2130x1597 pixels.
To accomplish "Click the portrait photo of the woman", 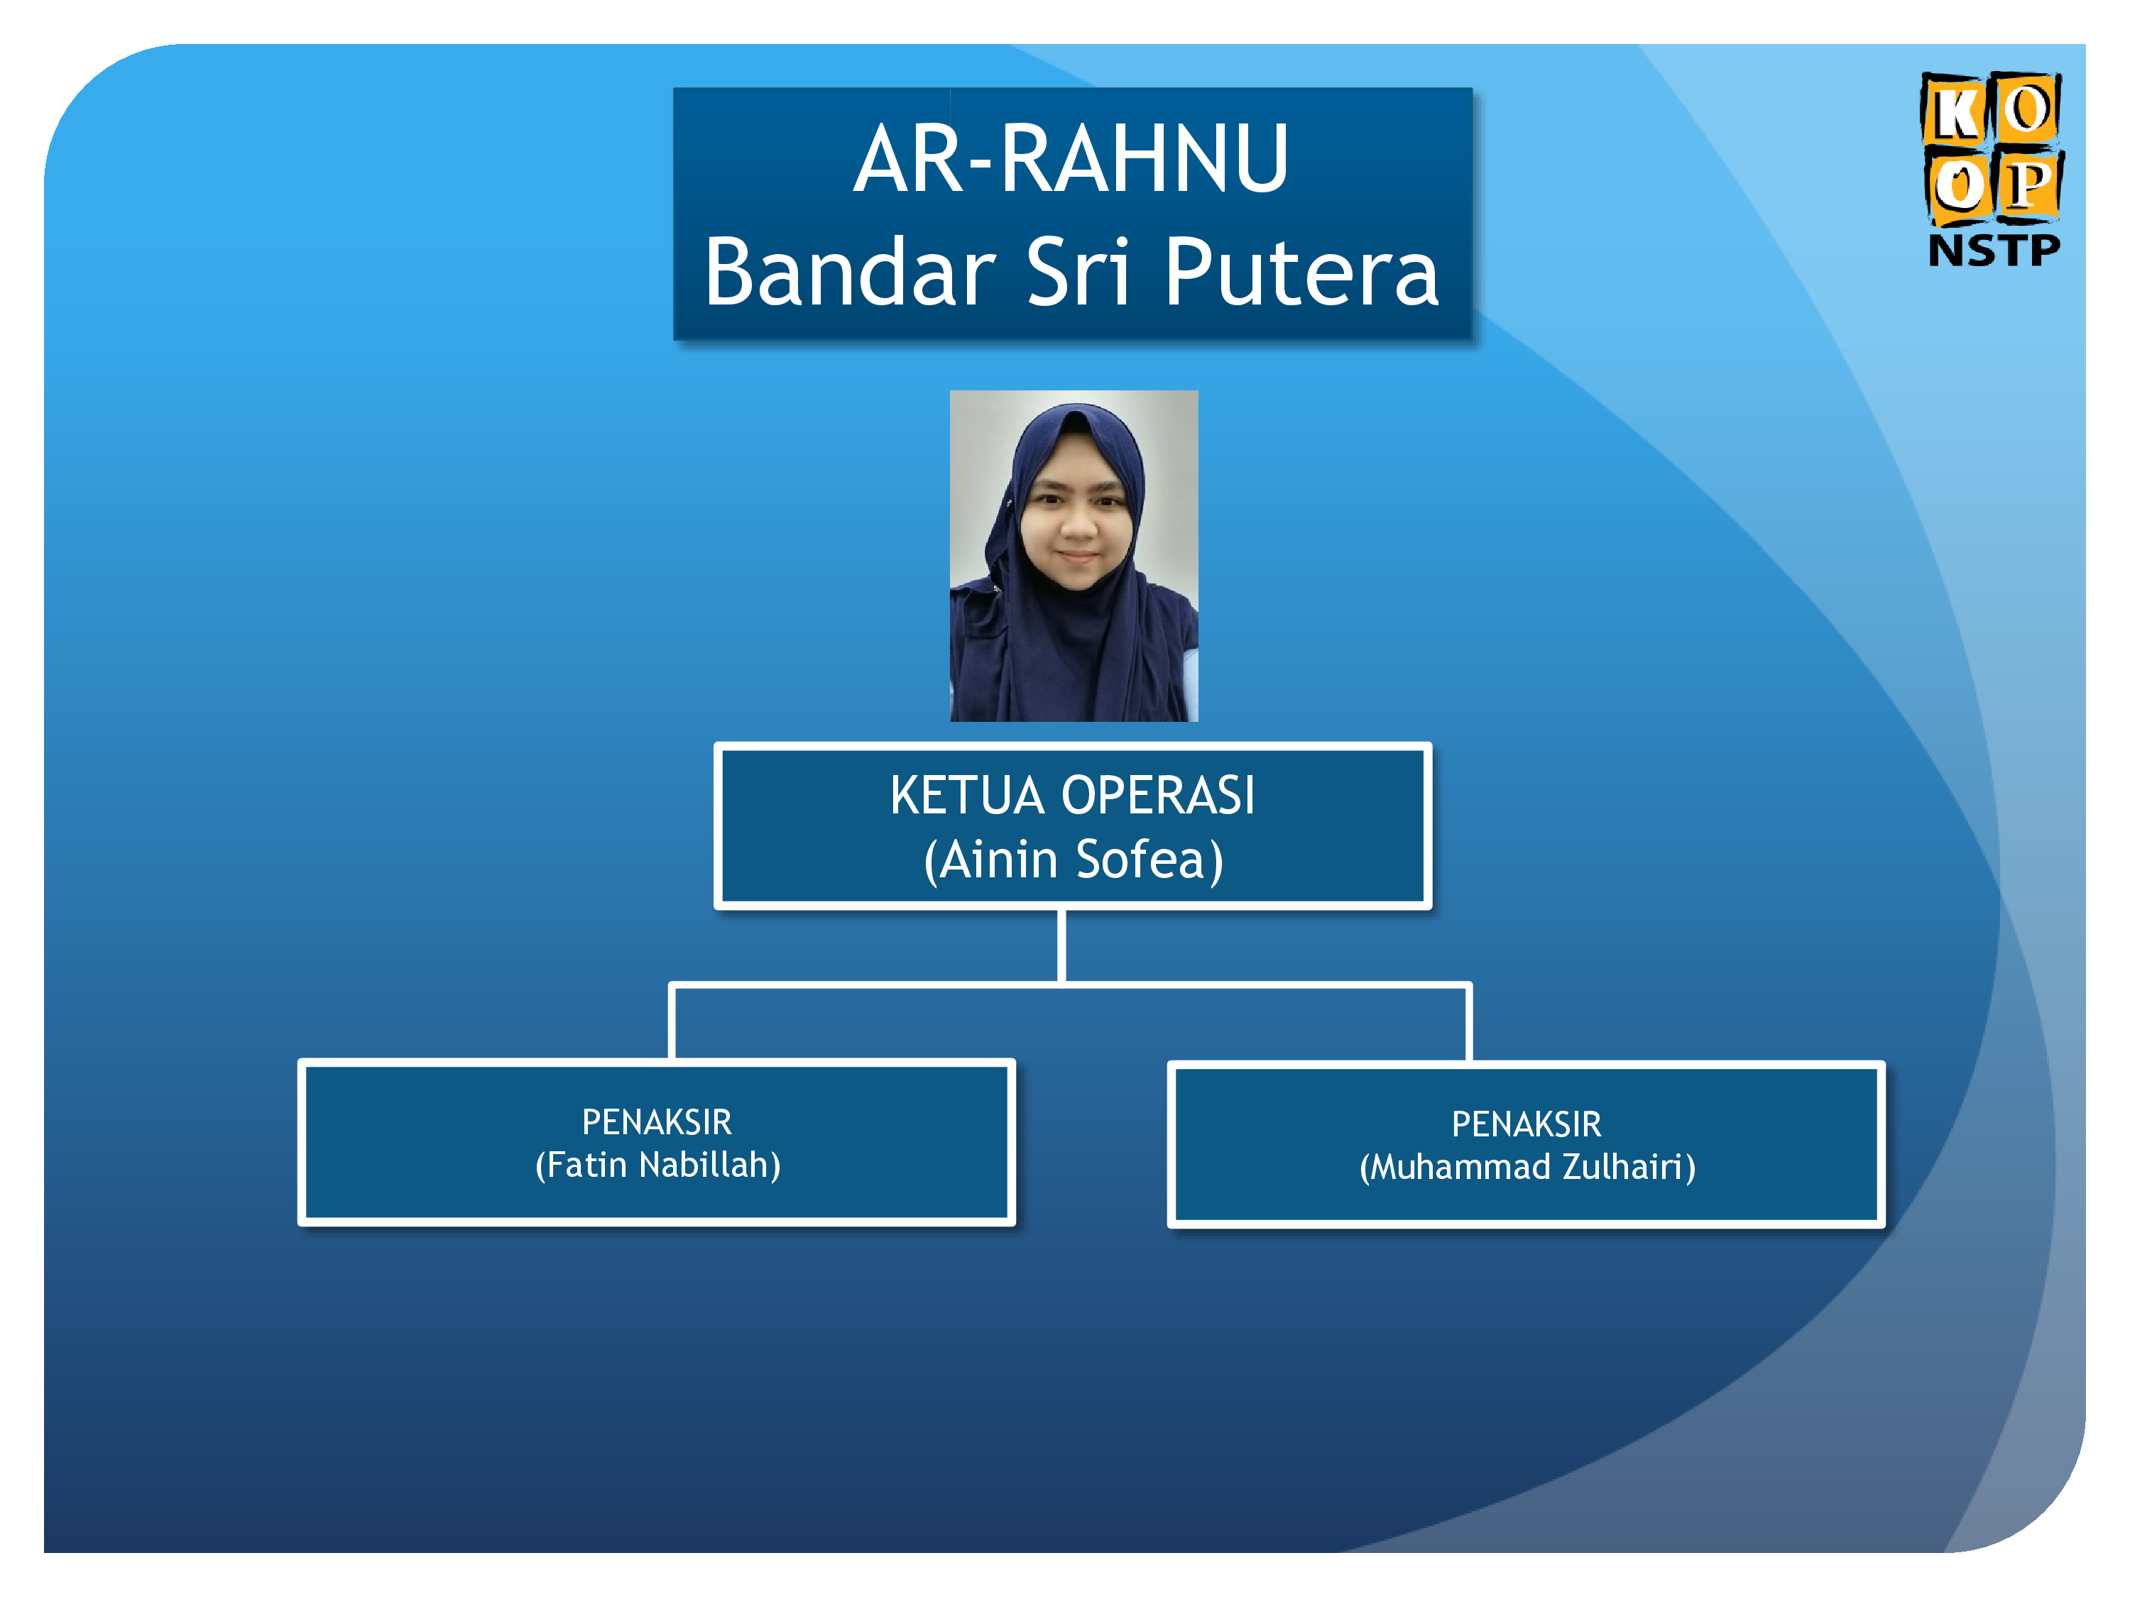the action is pos(1074,556).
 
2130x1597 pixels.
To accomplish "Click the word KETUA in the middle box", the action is pos(967,796).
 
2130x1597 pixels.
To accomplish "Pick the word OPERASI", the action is pos(1159,796).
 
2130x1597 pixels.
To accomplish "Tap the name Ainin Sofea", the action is pos(1073,860).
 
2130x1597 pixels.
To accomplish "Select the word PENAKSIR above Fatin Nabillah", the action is pos(657,1122).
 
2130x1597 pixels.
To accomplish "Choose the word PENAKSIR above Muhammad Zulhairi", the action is pos(1526,1124).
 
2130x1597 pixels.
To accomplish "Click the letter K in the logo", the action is pos(1955,111).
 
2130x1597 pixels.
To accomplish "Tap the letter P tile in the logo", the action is pos(2028,185).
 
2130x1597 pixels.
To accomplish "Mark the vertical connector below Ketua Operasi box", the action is pos(1061,946).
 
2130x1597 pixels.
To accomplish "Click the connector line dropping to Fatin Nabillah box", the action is pos(672,1022).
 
